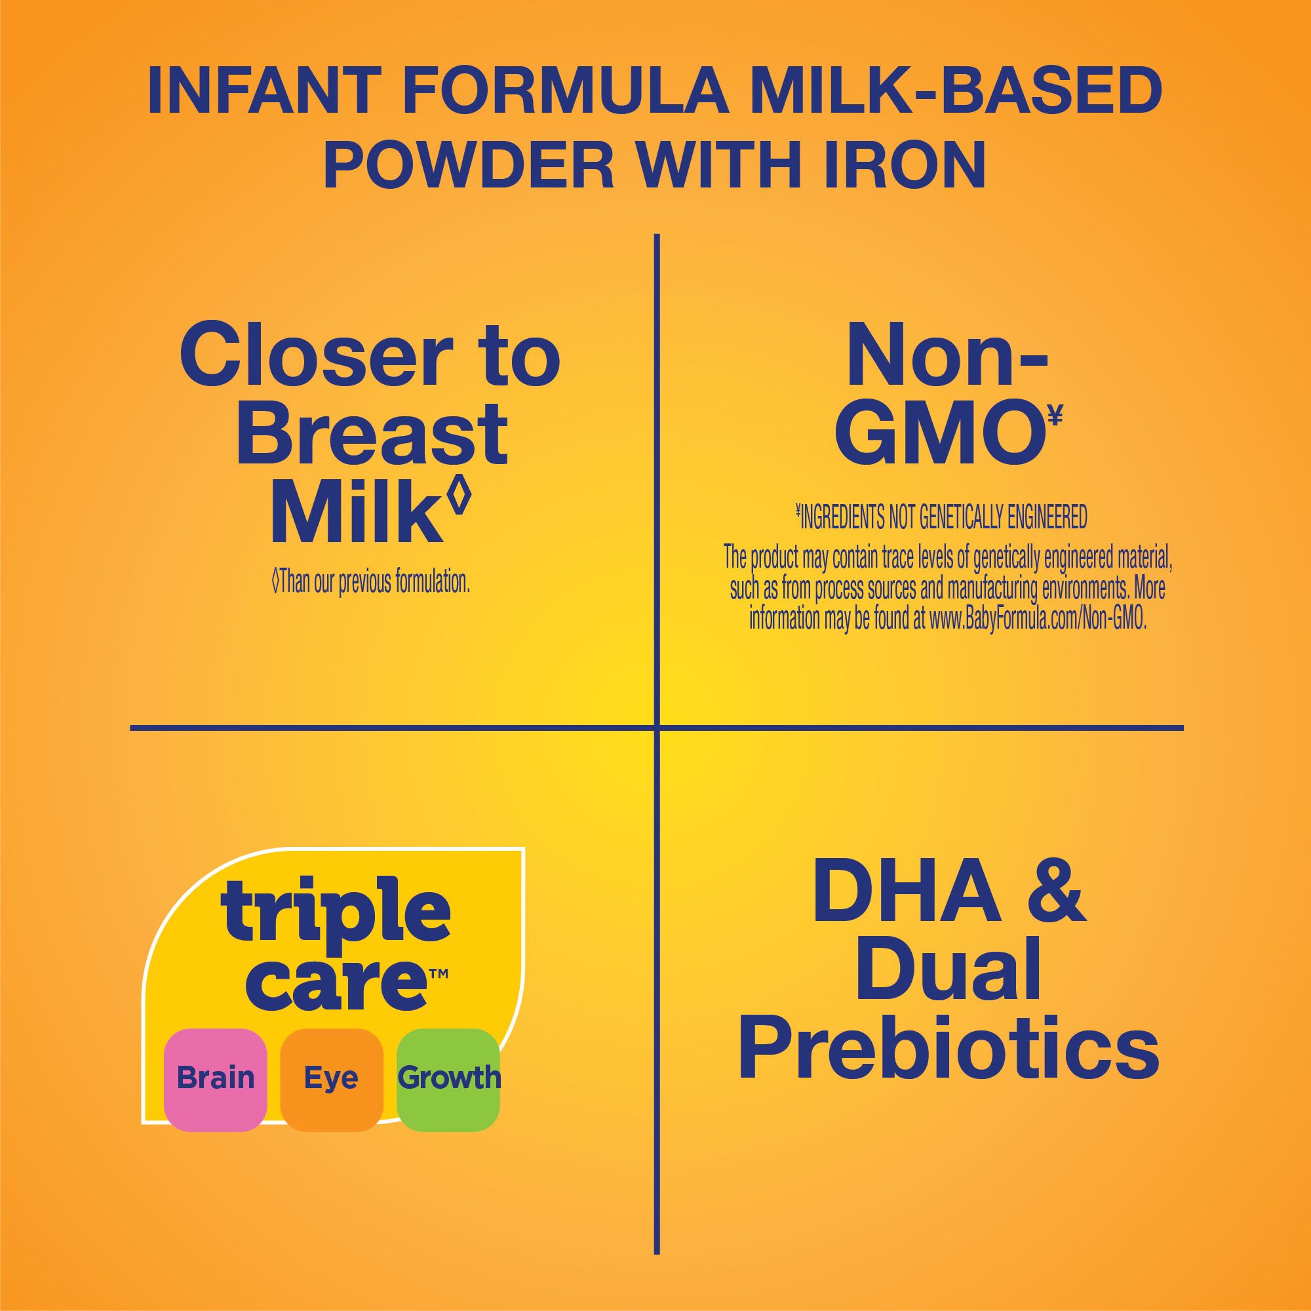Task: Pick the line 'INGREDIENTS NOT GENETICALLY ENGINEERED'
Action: (x=941, y=517)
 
